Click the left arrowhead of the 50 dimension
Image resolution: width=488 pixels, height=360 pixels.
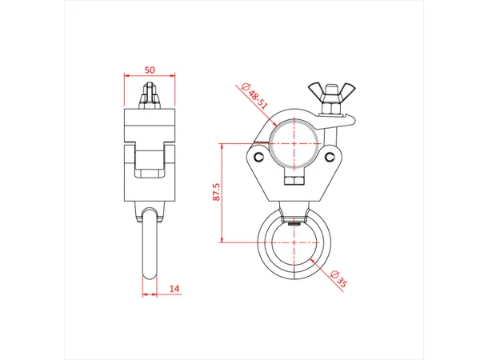point(127,77)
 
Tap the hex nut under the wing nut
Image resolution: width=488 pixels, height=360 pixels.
point(328,108)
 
